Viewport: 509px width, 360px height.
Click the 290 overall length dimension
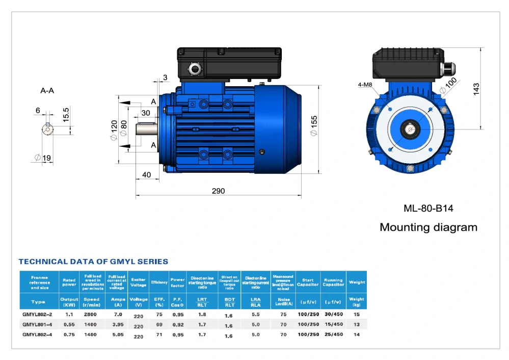[x=218, y=191]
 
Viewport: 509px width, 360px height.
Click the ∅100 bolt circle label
[x=448, y=86]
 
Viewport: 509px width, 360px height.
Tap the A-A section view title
[x=47, y=91]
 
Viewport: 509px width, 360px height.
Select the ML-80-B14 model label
[x=428, y=208]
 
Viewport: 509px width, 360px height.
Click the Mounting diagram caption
[x=428, y=227]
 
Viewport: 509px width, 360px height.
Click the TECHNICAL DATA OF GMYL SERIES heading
[x=93, y=262]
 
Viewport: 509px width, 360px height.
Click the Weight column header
[x=357, y=282]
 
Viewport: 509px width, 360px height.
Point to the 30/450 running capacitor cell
[x=333, y=315]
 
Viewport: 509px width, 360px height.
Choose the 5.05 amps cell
[x=117, y=335]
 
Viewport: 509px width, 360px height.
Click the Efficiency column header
[x=159, y=282]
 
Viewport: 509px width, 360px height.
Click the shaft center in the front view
[x=410, y=130]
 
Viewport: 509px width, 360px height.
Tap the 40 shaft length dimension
[x=147, y=175]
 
